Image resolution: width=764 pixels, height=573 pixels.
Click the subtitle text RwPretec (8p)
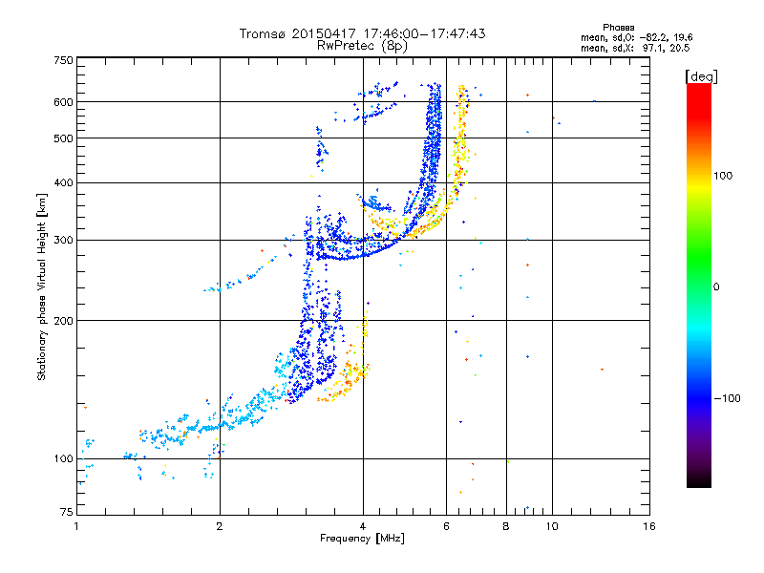362,46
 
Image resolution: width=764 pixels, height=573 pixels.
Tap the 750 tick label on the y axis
63,60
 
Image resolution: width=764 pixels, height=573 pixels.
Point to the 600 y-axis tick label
63,102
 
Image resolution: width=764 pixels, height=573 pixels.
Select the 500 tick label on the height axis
63,138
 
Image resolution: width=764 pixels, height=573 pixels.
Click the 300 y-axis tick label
63,241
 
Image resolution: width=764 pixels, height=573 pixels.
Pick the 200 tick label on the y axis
63,321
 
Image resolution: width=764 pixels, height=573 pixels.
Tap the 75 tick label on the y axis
67,512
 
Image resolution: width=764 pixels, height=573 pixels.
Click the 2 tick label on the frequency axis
220,526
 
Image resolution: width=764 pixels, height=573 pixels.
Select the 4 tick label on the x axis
363,526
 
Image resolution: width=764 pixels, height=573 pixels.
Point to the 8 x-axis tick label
506,526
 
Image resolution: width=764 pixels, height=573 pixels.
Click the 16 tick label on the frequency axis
649,526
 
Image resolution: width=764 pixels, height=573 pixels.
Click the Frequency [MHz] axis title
362,539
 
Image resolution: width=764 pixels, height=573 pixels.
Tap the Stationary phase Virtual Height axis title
42,287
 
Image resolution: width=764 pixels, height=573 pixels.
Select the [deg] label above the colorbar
701,76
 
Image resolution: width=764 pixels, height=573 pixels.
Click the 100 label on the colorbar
723,176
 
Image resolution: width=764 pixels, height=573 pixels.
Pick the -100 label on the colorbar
727,398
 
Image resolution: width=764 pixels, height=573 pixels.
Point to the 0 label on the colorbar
716,287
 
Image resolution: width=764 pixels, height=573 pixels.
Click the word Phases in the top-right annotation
619,28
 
